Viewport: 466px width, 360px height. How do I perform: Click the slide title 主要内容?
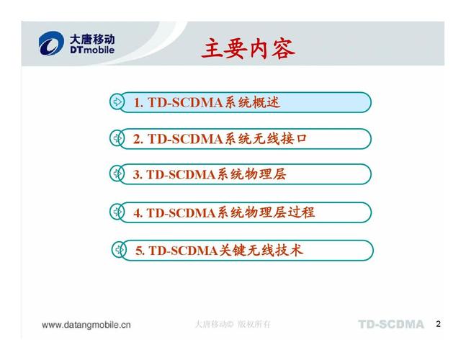248,49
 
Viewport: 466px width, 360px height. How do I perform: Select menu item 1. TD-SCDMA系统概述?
207,102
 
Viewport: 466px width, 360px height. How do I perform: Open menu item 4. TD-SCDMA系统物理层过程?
224,212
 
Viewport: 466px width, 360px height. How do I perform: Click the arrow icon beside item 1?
117,102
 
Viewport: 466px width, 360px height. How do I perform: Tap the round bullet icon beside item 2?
117,138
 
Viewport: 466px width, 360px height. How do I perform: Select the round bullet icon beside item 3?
117,174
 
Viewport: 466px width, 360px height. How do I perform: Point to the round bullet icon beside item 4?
117,212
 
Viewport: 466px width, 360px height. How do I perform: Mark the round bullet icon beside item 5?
119,251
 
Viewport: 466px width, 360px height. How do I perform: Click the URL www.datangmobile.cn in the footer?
86,325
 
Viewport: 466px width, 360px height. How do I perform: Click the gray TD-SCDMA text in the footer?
390,325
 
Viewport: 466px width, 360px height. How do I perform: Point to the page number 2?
438,324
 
